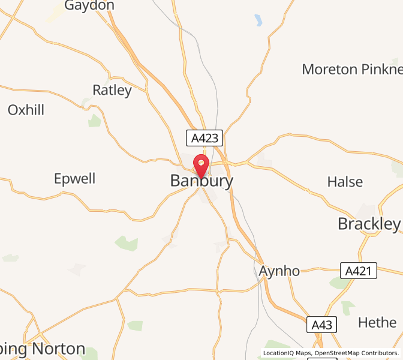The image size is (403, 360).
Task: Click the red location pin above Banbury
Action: [x=200, y=164]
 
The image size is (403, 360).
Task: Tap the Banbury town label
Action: [x=201, y=181]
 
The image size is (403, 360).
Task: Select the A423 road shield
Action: [x=204, y=139]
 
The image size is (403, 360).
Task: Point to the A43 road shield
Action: [x=321, y=325]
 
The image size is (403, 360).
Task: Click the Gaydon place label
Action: [x=89, y=5]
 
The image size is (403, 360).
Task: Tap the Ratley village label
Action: [x=112, y=91]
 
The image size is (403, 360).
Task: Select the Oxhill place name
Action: [x=26, y=110]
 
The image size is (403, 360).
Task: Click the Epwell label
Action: [x=75, y=179]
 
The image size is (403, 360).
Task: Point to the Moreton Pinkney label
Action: [x=351, y=69]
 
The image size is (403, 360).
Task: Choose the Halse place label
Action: [x=345, y=181]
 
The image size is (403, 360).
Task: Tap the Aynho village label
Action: [x=279, y=271]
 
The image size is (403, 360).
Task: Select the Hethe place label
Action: [x=377, y=322]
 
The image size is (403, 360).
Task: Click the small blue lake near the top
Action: [x=258, y=20]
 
